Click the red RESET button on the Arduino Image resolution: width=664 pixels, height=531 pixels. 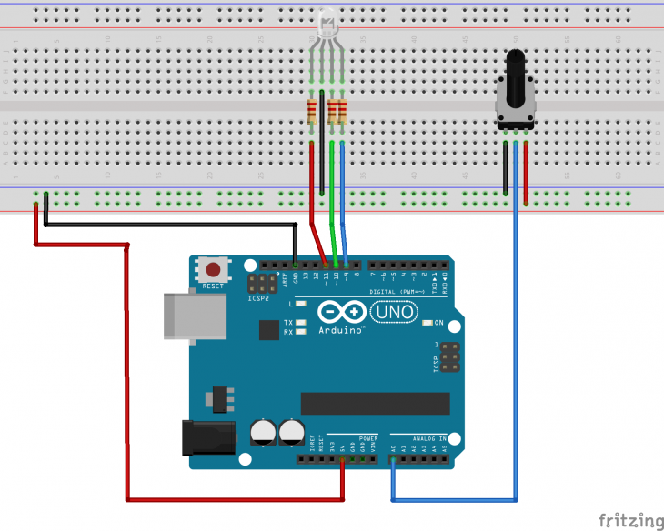click(214, 270)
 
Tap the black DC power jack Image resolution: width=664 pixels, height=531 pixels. click(205, 438)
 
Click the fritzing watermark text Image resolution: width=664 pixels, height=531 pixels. click(632, 521)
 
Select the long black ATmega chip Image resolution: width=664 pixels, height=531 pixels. click(376, 403)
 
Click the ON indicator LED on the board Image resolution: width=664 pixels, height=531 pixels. click(427, 323)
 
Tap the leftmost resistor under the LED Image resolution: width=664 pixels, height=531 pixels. click(313, 112)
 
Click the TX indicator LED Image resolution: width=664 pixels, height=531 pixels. click(299, 323)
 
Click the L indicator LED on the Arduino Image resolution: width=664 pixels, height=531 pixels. click(299, 305)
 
